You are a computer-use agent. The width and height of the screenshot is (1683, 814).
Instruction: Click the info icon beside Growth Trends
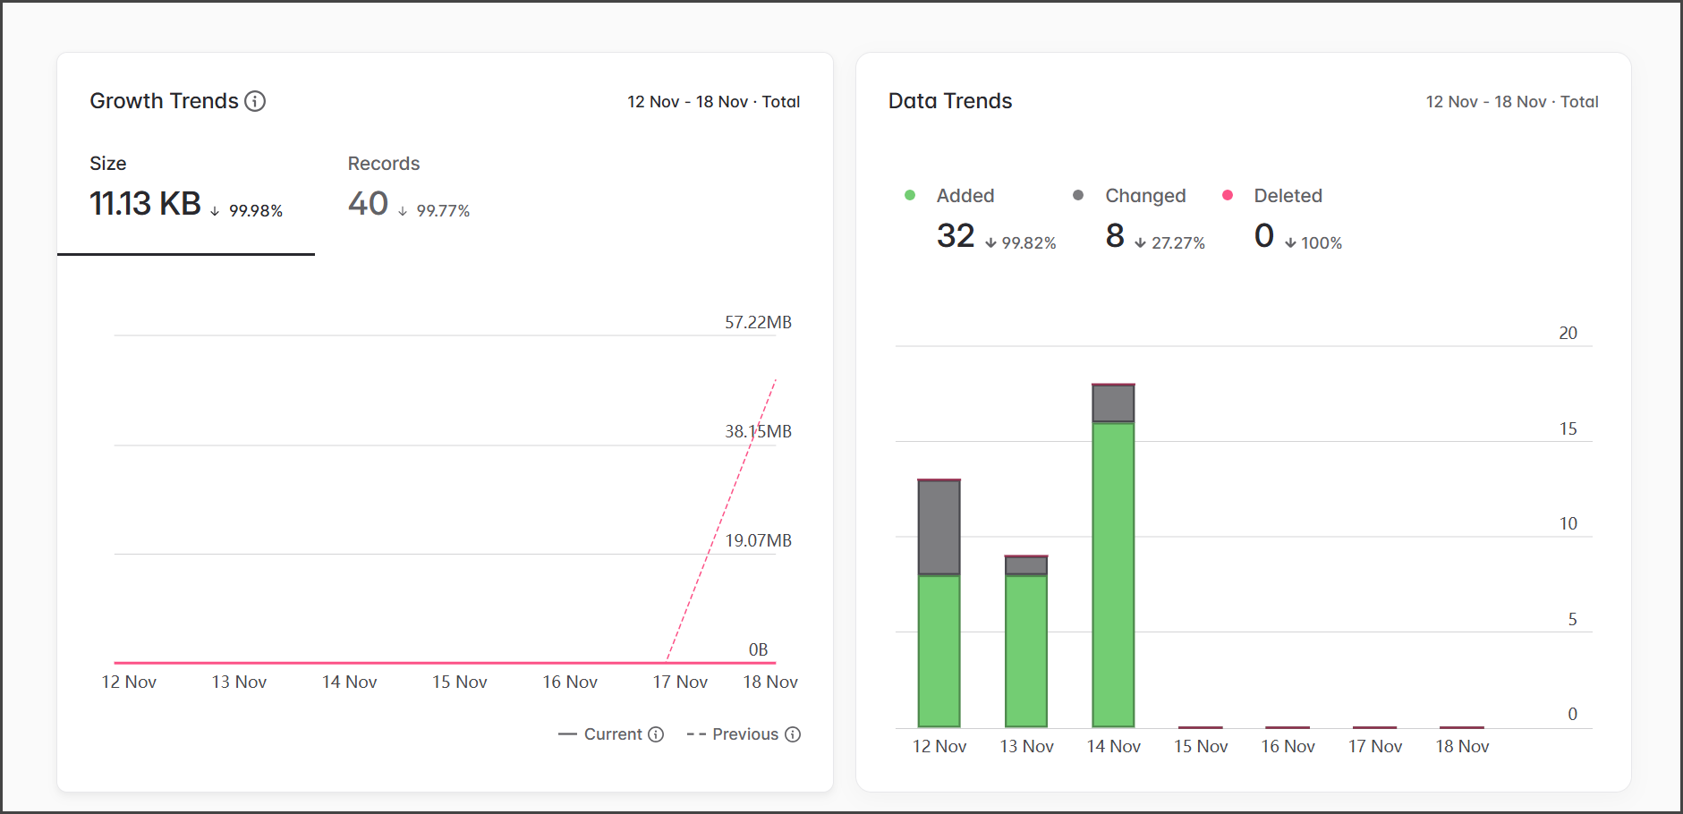coord(255,101)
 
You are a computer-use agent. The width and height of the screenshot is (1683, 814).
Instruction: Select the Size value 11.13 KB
coord(145,204)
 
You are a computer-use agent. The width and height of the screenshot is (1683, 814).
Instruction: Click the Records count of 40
coord(368,204)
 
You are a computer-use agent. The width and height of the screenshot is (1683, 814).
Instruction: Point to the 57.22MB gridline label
coord(758,322)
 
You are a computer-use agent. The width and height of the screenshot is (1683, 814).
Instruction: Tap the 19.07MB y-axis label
coord(758,540)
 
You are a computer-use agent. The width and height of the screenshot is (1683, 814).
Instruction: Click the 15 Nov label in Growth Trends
coord(459,682)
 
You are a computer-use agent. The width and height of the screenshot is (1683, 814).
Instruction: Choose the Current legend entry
coord(612,734)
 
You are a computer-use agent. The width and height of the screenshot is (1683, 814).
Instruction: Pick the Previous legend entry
coord(744,734)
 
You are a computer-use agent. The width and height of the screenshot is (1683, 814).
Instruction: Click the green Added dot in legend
coord(910,195)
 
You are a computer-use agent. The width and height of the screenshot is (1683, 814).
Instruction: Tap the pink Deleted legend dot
coord(1228,195)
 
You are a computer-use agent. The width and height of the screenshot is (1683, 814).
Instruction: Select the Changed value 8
coord(1115,236)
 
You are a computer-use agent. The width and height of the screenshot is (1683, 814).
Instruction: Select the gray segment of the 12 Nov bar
coord(939,528)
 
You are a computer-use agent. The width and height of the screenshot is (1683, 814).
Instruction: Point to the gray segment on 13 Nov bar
coord(1026,565)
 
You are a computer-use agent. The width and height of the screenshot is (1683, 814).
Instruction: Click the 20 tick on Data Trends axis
coord(1568,333)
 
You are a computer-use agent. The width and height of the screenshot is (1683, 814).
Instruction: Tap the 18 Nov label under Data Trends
coord(1462,746)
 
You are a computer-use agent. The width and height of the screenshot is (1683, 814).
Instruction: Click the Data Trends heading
coord(949,101)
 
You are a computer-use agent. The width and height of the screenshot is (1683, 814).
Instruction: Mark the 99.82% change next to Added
coord(1028,243)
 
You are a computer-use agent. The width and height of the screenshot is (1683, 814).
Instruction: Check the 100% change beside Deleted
coord(1321,243)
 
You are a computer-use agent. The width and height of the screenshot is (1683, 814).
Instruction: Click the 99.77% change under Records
coord(443,211)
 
